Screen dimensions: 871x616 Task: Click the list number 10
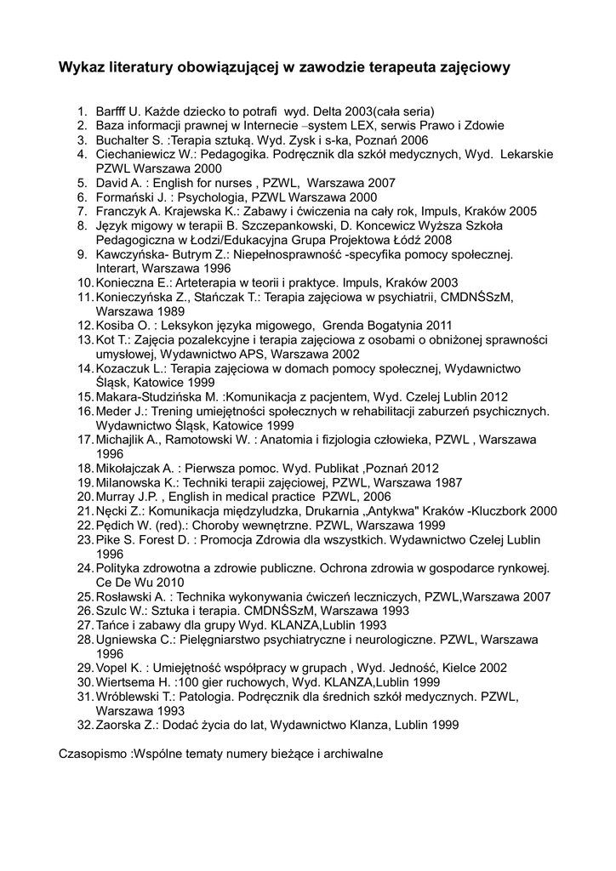84,282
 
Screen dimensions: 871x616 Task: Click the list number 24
84,568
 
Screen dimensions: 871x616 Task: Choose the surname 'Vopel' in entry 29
113,668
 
